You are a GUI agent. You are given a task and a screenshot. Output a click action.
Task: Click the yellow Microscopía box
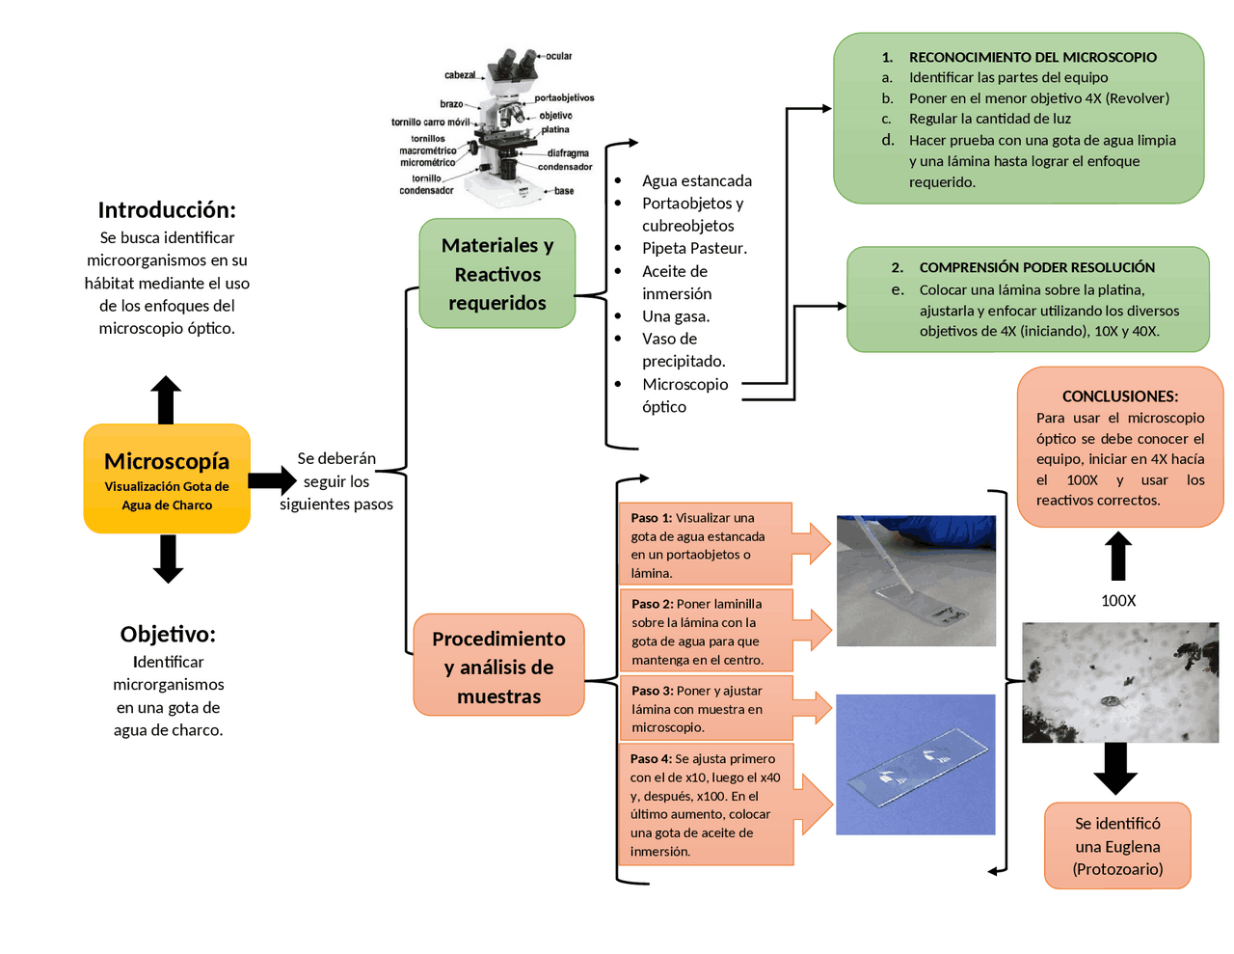pyautogui.click(x=167, y=477)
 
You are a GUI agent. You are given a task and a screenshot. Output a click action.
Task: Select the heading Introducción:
pyautogui.click(x=167, y=210)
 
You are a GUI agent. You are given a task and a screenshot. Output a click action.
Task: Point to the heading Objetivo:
pyautogui.click(x=168, y=634)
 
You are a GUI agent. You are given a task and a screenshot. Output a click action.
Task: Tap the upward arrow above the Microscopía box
pyautogui.click(x=166, y=399)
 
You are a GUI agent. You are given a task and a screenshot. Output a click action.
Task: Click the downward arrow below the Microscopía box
pyautogui.click(x=168, y=559)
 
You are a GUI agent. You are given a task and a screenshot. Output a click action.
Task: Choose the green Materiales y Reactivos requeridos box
pyautogui.click(x=496, y=273)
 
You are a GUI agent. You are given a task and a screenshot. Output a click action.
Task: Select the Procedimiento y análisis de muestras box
pyautogui.click(x=498, y=665)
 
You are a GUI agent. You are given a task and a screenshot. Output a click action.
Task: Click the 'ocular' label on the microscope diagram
pyautogui.click(x=558, y=56)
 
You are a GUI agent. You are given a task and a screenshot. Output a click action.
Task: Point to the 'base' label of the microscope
pyautogui.click(x=563, y=191)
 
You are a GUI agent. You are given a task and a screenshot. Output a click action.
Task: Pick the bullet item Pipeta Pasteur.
pyautogui.click(x=694, y=248)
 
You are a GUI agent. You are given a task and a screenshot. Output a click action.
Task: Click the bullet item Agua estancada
pyautogui.click(x=697, y=180)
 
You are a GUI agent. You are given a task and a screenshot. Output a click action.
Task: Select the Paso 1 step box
pyautogui.click(x=705, y=544)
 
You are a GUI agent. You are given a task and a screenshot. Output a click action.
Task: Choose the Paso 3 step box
pyautogui.click(x=706, y=708)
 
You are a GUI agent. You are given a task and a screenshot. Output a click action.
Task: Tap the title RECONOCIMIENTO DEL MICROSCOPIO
pyautogui.click(x=1032, y=57)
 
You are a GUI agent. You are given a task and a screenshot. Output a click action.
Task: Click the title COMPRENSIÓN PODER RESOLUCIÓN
pyautogui.click(x=1036, y=267)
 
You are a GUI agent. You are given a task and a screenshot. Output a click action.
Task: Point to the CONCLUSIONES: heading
pyautogui.click(x=1120, y=396)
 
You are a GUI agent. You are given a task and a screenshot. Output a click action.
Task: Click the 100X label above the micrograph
pyautogui.click(x=1118, y=601)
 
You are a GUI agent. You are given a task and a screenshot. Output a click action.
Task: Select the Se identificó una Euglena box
pyautogui.click(x=1117, y=845)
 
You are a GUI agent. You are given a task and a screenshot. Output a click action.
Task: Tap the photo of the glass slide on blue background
pyautogui.click(x=915, y=764)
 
